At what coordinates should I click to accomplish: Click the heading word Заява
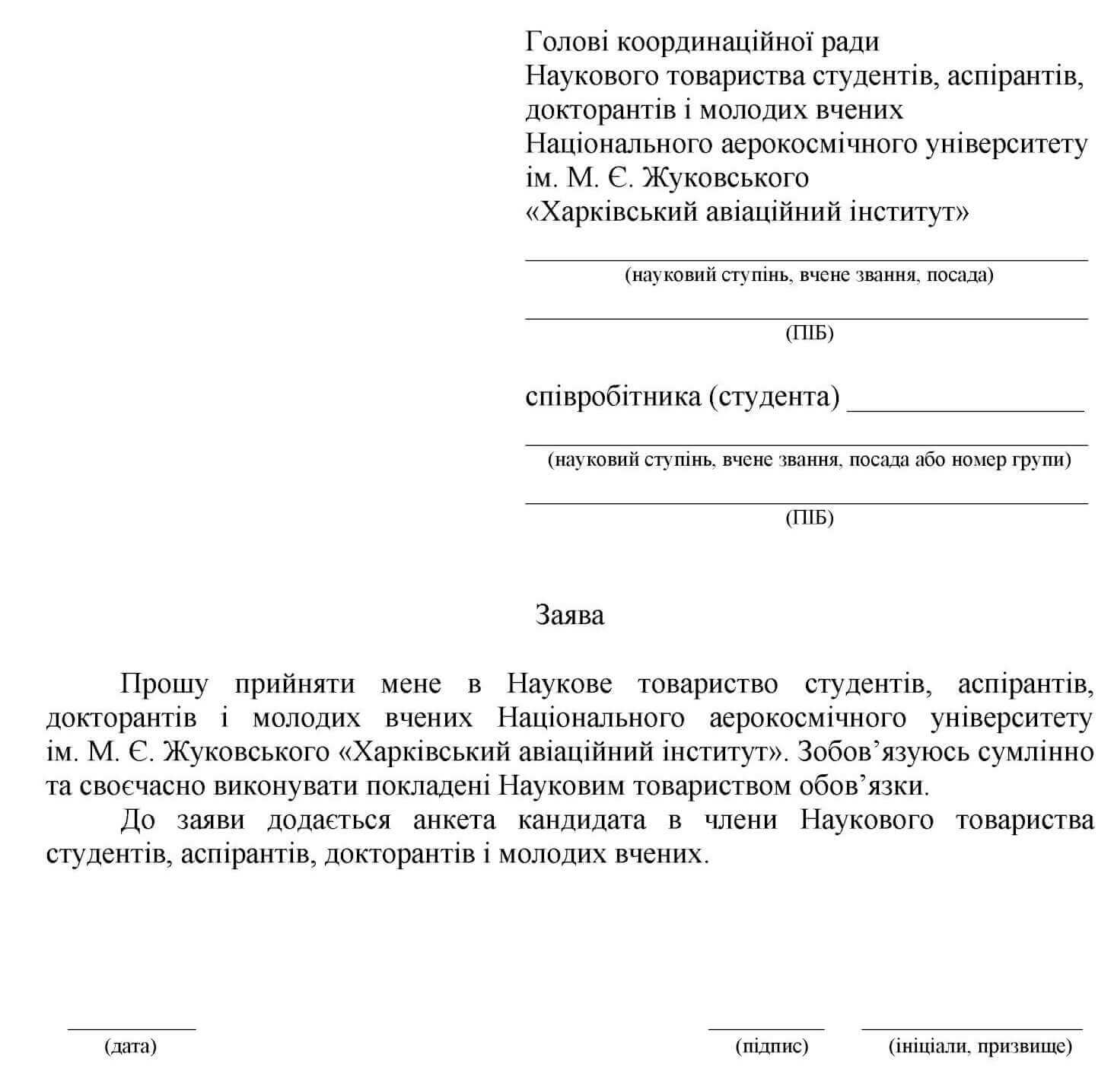[569, 615]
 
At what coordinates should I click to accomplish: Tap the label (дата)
[130, 1046]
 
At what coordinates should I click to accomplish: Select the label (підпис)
[772, 1046]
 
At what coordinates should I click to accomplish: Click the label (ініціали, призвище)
[980, 1046]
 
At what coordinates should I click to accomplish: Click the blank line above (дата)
[132, 1029]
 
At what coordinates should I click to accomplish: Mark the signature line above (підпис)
[766, 1029]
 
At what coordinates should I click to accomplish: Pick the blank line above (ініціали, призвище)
[972, 1029]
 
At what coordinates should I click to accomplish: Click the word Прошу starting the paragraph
[164, 684]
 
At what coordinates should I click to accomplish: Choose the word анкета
[454, 820]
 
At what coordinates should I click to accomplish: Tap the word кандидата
[581, 820]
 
